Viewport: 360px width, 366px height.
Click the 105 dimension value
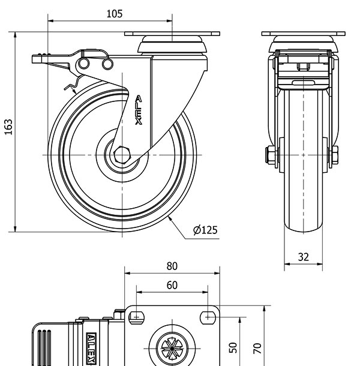pyautogui.click(x=115, y=14)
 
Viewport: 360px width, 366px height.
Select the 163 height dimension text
pyautogui.click(x=8, y=127)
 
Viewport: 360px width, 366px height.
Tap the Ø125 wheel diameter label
pyautogui.click(x=205, y=230)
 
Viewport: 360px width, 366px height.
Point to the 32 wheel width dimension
pyautogui.click(x=304, y=257)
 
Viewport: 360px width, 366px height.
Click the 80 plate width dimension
pyautogui.click(x=172, y=266)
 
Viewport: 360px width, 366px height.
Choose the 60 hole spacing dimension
pyautogui.click(x=172, y=285)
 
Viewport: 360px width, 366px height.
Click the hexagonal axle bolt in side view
pyautogui.click(x=122, y=154)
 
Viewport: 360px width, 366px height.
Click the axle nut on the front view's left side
pyautogui.click(x=269, y=155)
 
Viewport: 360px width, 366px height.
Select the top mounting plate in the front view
pyautogui.click(x=304, y=34)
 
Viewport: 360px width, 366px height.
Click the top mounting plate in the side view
pyautogui.click(x=172, y=34)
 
